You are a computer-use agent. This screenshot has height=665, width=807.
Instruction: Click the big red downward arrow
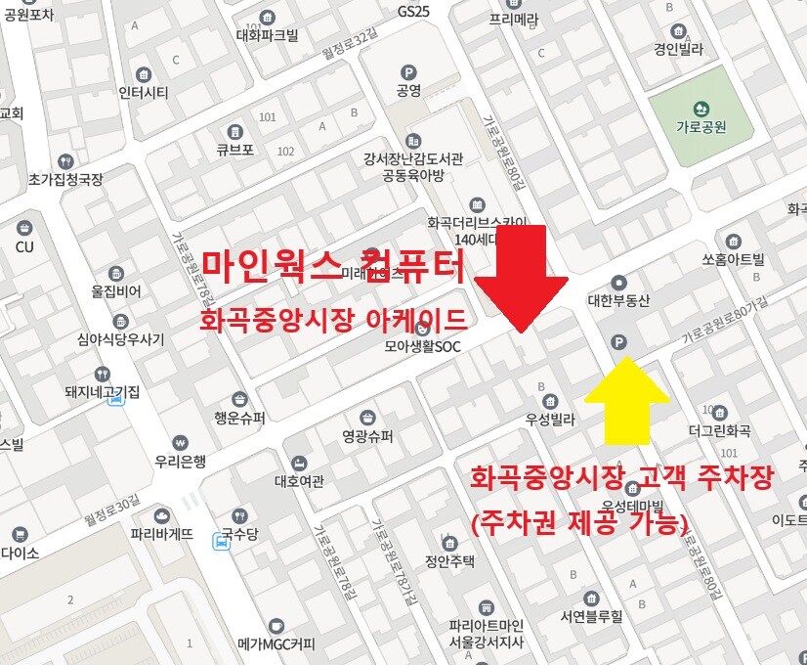[x=521, y=278]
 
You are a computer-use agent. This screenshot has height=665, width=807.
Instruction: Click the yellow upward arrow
[x=626, y=399]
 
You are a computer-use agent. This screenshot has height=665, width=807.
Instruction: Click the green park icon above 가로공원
[x=701, y=109]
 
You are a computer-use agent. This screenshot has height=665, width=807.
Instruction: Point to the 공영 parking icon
[x=408, y=72]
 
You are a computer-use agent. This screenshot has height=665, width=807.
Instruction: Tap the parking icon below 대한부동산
[x=616, y=341]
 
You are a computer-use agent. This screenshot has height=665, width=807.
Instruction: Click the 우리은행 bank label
[x=180, y=461]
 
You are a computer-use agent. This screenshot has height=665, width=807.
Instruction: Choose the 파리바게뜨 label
[x=162, y=534]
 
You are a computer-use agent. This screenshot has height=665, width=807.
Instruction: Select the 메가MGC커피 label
[x=276, y=644]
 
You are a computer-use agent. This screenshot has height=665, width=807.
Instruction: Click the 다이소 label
[x=20, y=553]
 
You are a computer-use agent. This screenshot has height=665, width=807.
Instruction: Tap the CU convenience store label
[x=24, y=246]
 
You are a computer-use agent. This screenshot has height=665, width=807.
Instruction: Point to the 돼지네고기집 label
[x=102, y=392]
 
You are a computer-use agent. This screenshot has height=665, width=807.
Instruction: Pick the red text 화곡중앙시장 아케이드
[x=333, y=322]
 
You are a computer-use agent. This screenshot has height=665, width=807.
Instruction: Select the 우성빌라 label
[x=550, y=420]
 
